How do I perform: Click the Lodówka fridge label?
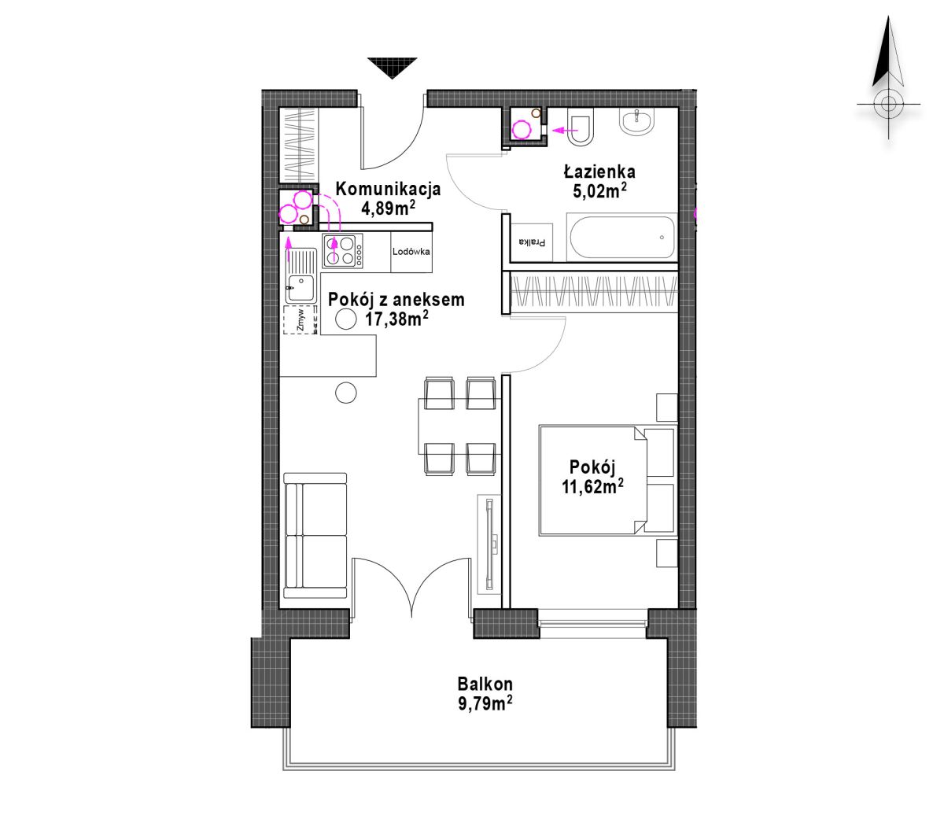point(411,252)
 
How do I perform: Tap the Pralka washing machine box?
point(532,242)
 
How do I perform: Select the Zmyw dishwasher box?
point(301,319)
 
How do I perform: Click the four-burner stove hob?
point(342,251)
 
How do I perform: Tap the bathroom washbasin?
point(637,122)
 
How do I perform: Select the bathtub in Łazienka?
point(621,238)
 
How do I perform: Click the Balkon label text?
point(485,684)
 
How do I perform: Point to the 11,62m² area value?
point(592,487)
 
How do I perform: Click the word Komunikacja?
point(388,189)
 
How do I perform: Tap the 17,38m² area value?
point(396,319)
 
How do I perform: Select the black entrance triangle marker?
point(392,68)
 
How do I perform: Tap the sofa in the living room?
point(315,536)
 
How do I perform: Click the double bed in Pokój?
point(607,480)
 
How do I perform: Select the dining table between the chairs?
point(460,426)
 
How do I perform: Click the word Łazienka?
point(599,172)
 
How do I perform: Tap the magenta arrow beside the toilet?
point(564,131)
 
